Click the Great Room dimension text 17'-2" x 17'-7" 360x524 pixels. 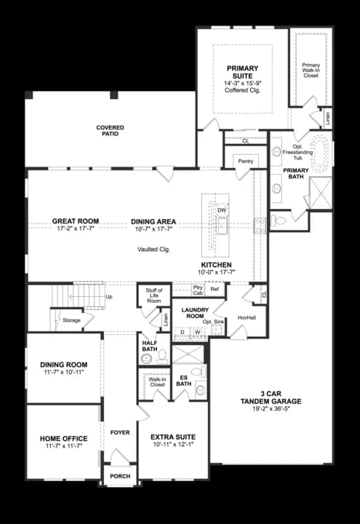tap(75, 229)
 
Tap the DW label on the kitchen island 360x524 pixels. tap(222, 210)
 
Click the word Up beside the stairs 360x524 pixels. tap(109, 297)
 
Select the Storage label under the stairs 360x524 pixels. tap(71, 319)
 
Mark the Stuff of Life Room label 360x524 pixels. tap(153, 295)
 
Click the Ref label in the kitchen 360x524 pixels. tap(215, 290)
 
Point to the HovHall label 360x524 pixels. tap(247, 317)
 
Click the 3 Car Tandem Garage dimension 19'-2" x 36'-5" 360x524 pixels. tap(271, 409)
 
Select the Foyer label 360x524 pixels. tap(120, 432)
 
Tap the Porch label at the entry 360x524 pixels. tap(119, 477)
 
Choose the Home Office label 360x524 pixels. tap(64, 438)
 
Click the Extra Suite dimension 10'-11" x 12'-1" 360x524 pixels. tap(173, 445)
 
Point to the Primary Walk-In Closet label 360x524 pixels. tap(311, 70)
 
